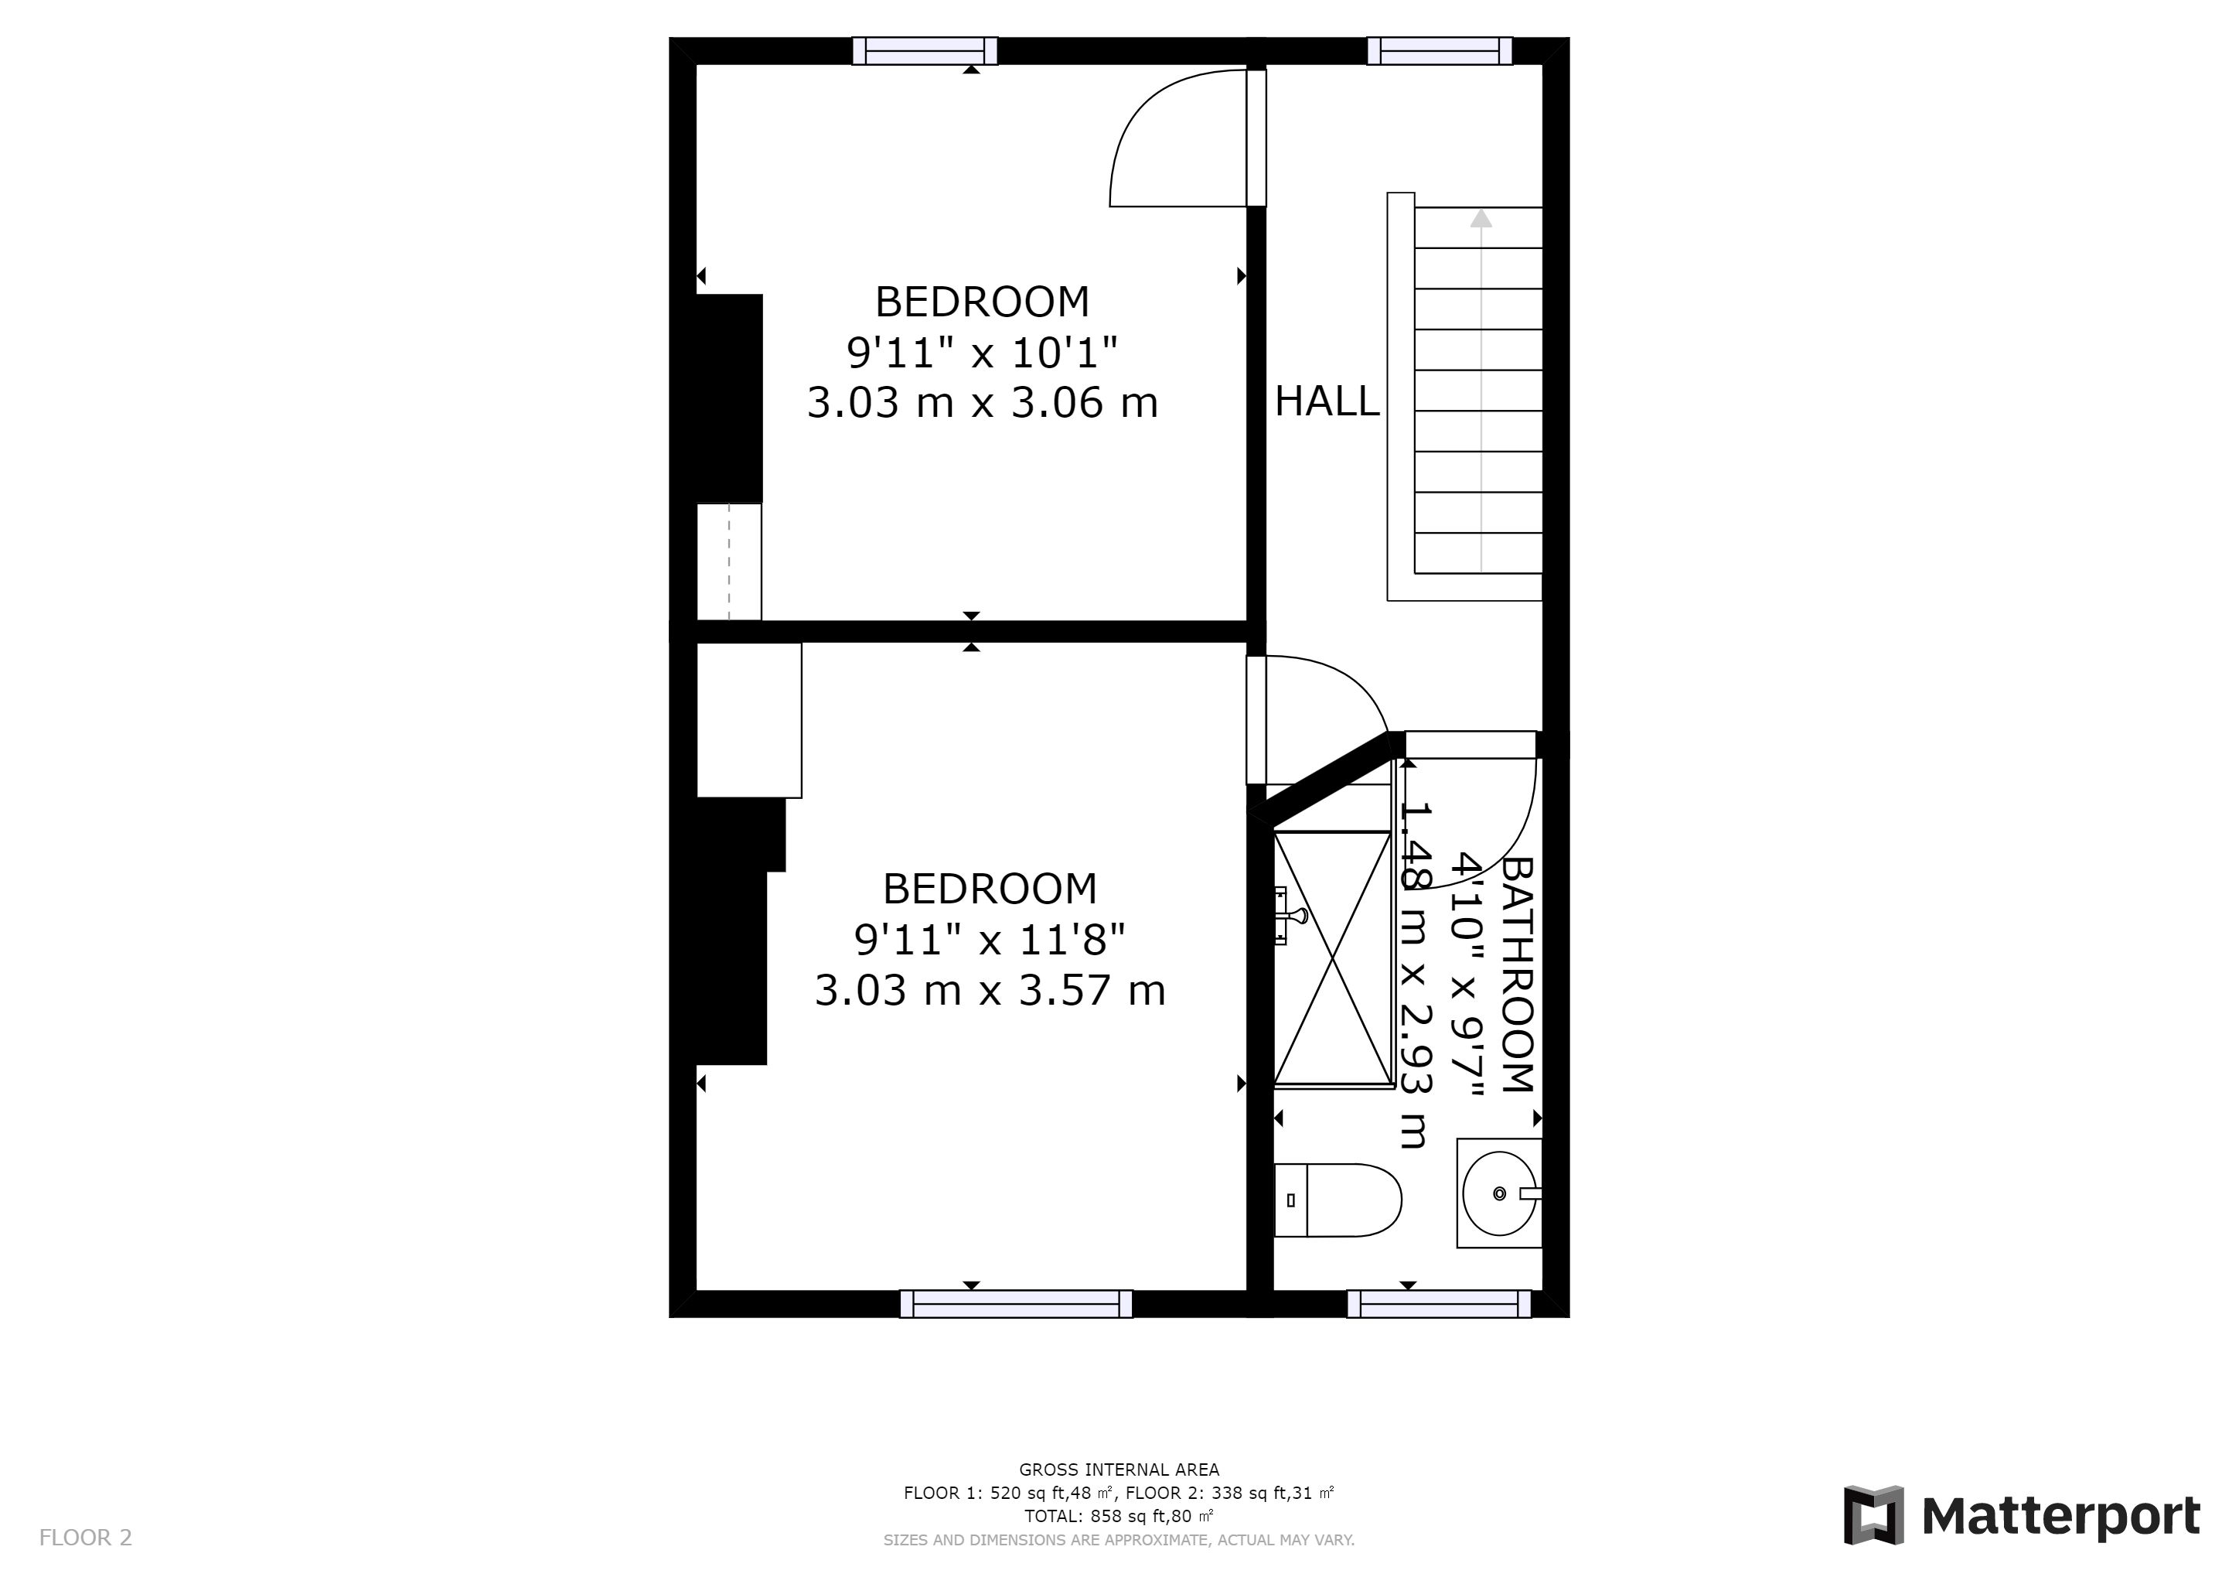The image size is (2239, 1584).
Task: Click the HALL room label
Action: (1327, 401)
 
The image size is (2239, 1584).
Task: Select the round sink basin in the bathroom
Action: (1499, 1193)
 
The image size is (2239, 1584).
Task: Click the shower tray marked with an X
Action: (1333, 959)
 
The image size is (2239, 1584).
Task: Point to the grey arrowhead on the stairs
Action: (1481, 218)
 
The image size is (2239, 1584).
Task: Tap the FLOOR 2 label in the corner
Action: (86, 1538)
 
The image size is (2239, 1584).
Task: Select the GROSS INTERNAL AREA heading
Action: (1119, 1470)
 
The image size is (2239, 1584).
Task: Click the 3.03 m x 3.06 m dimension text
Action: (982, 403)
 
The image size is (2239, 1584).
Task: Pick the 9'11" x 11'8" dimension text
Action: (990, 940)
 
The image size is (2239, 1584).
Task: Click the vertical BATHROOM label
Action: (1518, 975)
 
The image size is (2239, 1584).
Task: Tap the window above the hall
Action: (1440, 51)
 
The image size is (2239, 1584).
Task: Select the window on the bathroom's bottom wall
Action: (1440, 1304)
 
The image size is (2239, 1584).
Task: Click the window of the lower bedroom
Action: (1016, 1304)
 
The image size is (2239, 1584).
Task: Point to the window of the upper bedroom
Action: (925, 51)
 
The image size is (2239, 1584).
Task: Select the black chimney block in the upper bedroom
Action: (729, 398)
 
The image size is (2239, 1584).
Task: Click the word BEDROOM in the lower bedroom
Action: (990, 889)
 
